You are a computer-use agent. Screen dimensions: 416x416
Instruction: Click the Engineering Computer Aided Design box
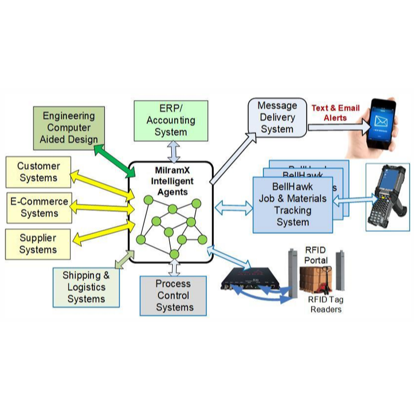[69, 128]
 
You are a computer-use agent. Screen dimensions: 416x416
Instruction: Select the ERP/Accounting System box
[171, 121]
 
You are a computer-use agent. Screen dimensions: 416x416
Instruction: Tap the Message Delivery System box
[277, 118]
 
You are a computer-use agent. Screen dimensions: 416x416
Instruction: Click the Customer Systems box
[38, 172]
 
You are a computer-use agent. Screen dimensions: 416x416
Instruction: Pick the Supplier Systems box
[38, 244]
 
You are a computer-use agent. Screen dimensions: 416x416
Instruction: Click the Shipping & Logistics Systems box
[86, 287]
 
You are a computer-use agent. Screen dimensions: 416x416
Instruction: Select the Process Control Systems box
[173, 296]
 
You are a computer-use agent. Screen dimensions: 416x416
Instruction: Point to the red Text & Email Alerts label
[335, 113]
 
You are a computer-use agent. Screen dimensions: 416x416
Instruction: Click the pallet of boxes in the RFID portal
[316, 280]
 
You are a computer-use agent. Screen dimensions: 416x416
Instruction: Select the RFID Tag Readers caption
[326, 304]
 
